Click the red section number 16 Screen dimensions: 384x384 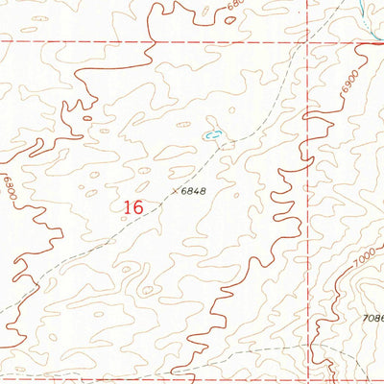coord(133,205)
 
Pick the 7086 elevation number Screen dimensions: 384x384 coord(372,316)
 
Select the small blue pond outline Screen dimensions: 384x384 coord(214,134)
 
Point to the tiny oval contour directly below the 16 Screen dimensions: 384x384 coord(147,289)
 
